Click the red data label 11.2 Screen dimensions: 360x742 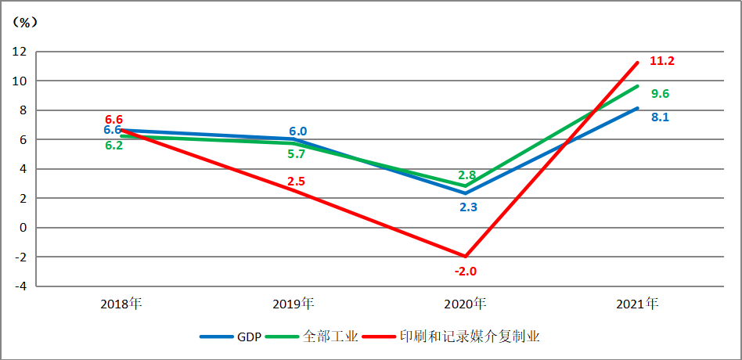coord(662,61)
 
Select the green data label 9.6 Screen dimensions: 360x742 coord(660,94)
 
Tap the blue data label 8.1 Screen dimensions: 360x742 coord(660,117)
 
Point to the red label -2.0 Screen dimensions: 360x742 coord(466,272)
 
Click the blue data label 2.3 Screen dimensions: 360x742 coord(468,207)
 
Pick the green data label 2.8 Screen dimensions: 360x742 coord(467,175)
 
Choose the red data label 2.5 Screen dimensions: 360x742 coord(296,182)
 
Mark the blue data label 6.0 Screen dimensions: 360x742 coord(297,131)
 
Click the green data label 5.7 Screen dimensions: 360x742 coord(296,154)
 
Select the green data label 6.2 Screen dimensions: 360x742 coord(113,146)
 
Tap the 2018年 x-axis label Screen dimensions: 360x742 coord(121,303)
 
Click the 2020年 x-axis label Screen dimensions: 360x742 coord(465,303)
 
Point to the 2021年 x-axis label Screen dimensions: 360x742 coord(637,303)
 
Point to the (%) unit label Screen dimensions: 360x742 coord(25,22)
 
